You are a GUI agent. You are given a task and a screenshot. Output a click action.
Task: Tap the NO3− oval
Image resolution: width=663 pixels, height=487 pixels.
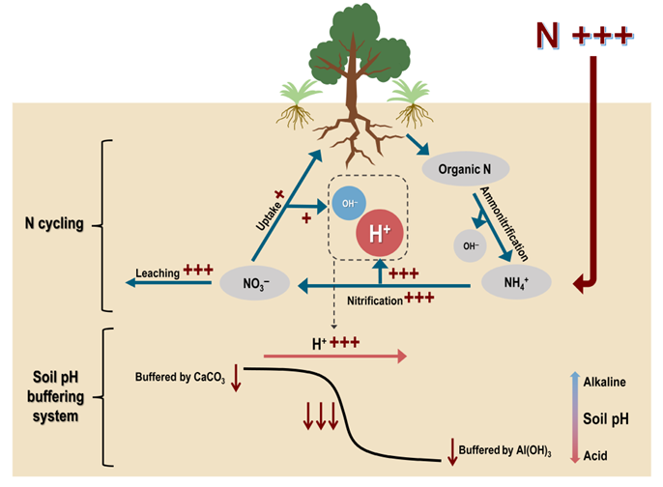click(249, 284)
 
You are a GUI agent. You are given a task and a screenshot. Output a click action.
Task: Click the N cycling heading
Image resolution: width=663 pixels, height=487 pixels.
click(54, 224)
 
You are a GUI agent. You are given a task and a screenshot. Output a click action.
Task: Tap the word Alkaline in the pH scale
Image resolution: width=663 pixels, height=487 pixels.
click(606, 382)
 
